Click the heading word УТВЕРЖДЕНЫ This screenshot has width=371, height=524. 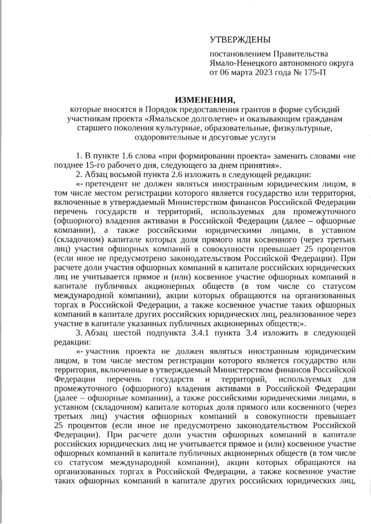[x=240, y=40]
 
